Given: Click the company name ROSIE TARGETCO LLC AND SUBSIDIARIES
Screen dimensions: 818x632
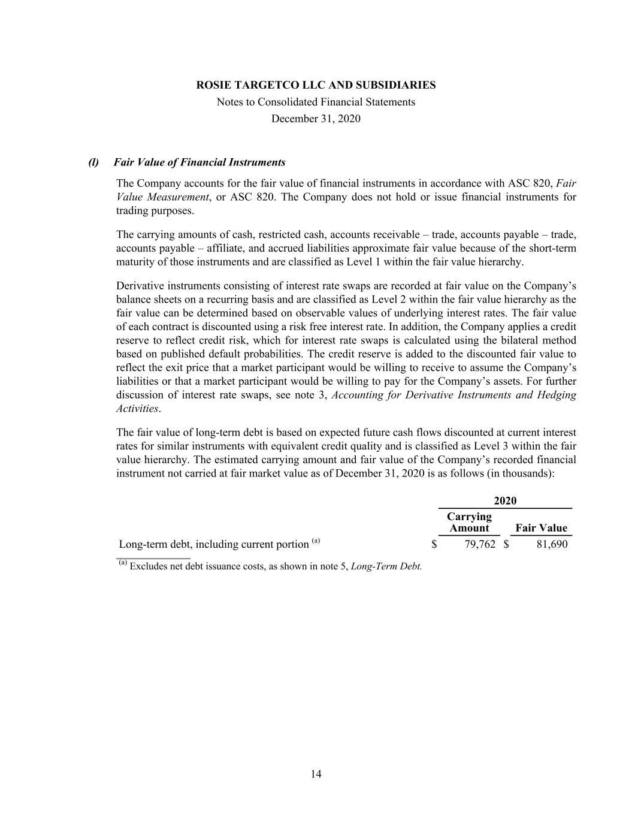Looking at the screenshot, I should [316, 85].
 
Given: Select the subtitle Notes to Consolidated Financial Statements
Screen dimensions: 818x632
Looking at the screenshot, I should [316, 102].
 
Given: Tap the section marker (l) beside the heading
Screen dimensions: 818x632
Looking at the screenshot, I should [93, 162].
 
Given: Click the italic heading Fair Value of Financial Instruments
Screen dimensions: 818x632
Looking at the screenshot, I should [199, 162].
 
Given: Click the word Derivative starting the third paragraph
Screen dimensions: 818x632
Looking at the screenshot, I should [139, 286].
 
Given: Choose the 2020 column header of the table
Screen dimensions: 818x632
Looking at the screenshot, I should [505, 501].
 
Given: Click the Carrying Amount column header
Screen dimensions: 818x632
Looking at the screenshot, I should [469, 522].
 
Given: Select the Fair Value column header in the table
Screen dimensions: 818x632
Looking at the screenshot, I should [541, 528].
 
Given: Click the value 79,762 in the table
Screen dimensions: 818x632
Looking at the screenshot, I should [480, 544].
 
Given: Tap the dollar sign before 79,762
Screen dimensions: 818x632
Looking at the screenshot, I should [434, 544].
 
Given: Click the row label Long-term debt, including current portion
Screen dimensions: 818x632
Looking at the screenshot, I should [214, 544].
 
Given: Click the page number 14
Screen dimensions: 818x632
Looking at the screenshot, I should [316, 774].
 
